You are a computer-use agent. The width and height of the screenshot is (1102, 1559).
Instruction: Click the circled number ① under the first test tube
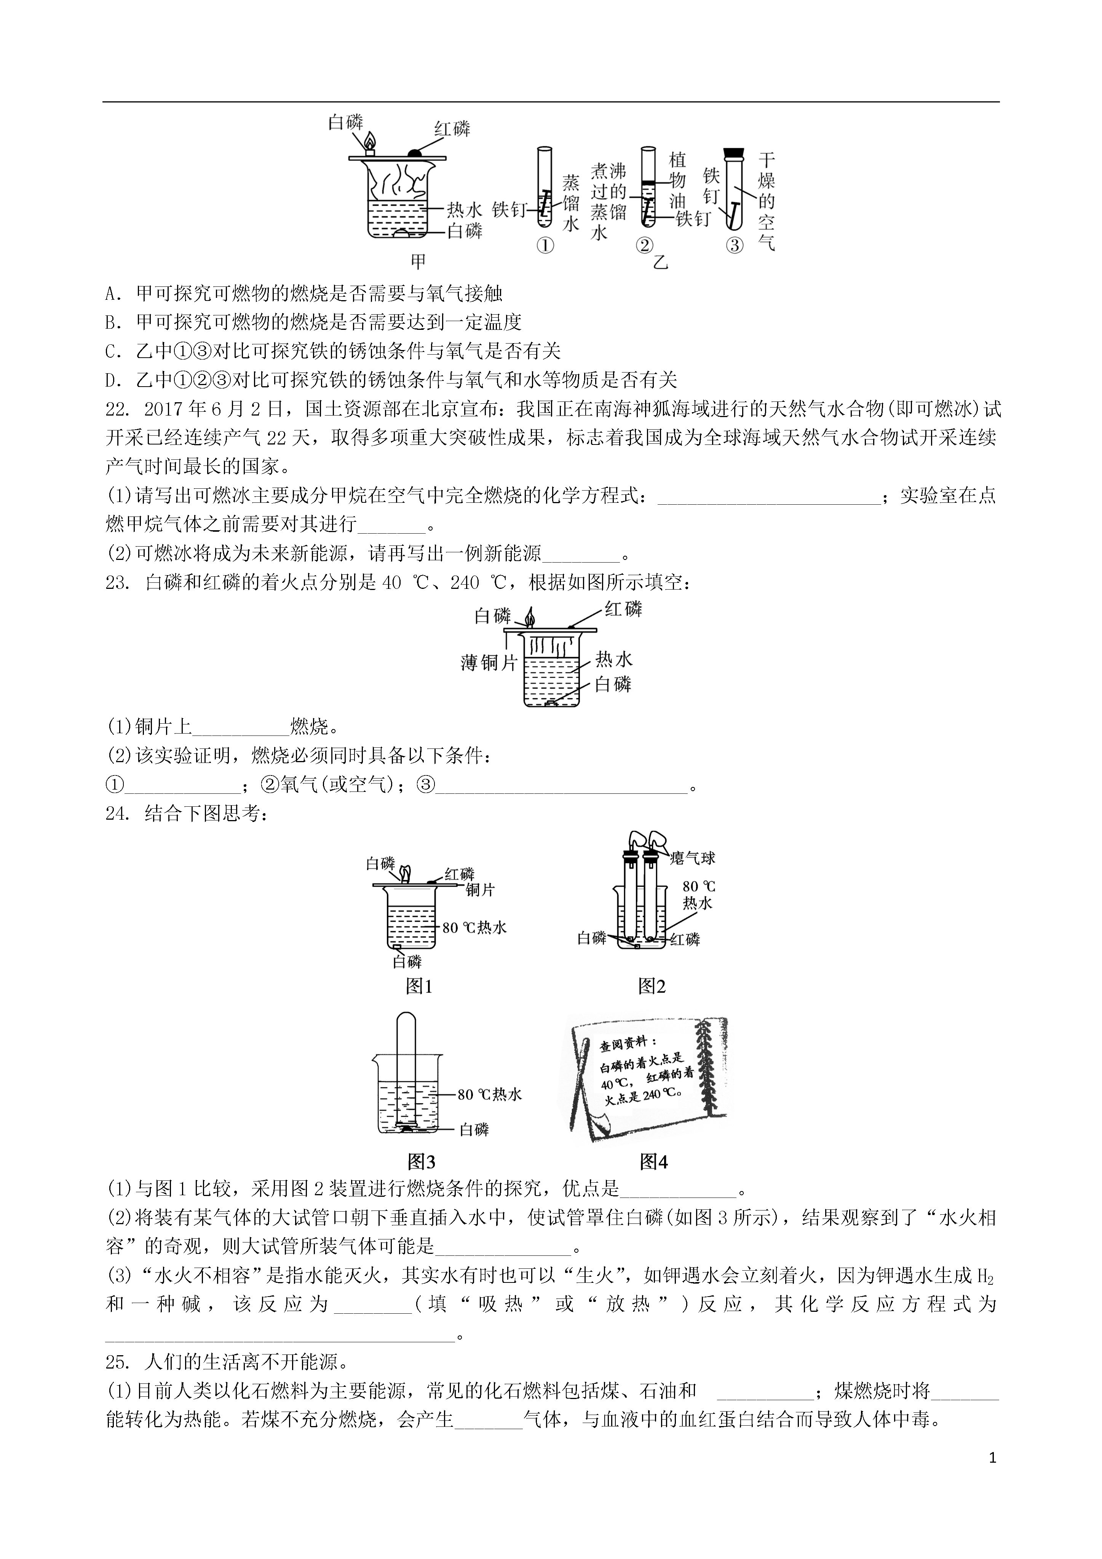[545, 245]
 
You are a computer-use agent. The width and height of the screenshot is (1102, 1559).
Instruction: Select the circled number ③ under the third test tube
[735, 245]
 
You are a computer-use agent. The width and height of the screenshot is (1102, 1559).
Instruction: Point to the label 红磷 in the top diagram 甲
[452, 129]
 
